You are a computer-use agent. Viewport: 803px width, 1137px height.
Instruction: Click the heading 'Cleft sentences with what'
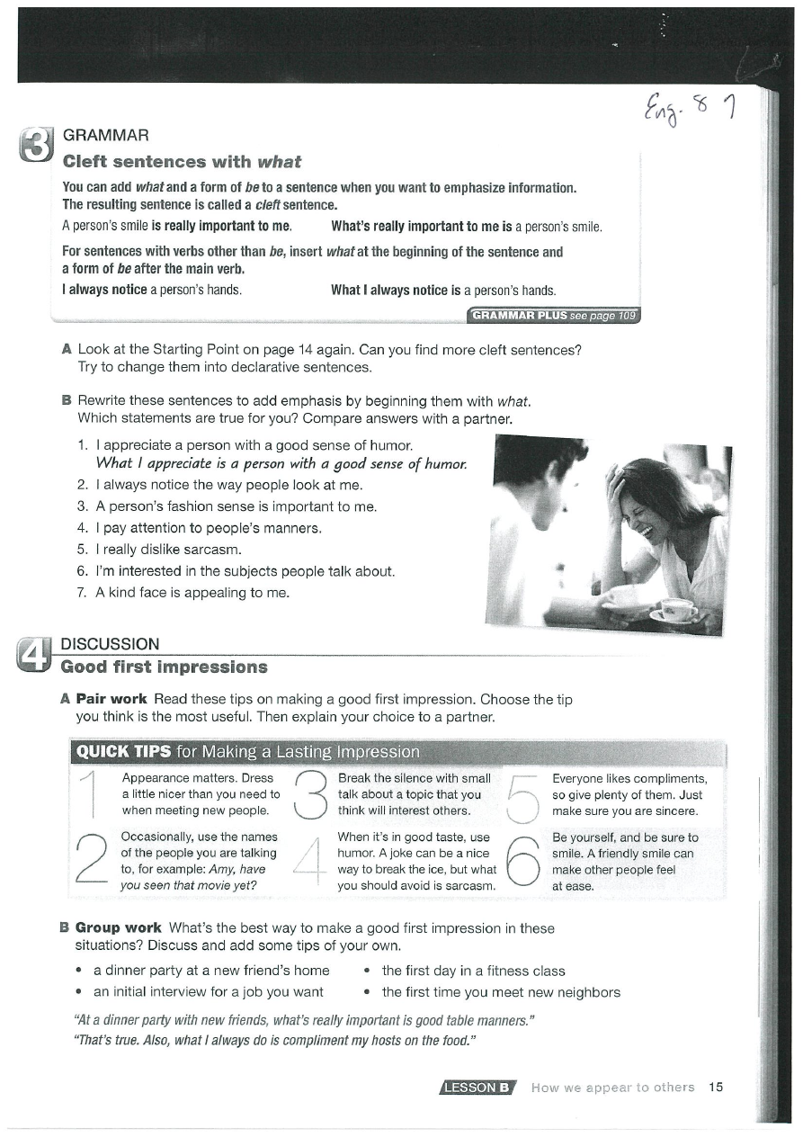181,162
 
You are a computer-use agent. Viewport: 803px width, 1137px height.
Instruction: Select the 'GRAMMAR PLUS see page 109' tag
554,315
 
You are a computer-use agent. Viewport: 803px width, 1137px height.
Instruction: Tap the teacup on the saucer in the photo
676,609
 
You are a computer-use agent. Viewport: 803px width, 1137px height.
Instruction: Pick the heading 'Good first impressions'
164,667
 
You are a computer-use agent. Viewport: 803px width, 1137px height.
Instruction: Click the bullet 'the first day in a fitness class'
473,971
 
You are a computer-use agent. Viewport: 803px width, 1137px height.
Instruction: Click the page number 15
716,1087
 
